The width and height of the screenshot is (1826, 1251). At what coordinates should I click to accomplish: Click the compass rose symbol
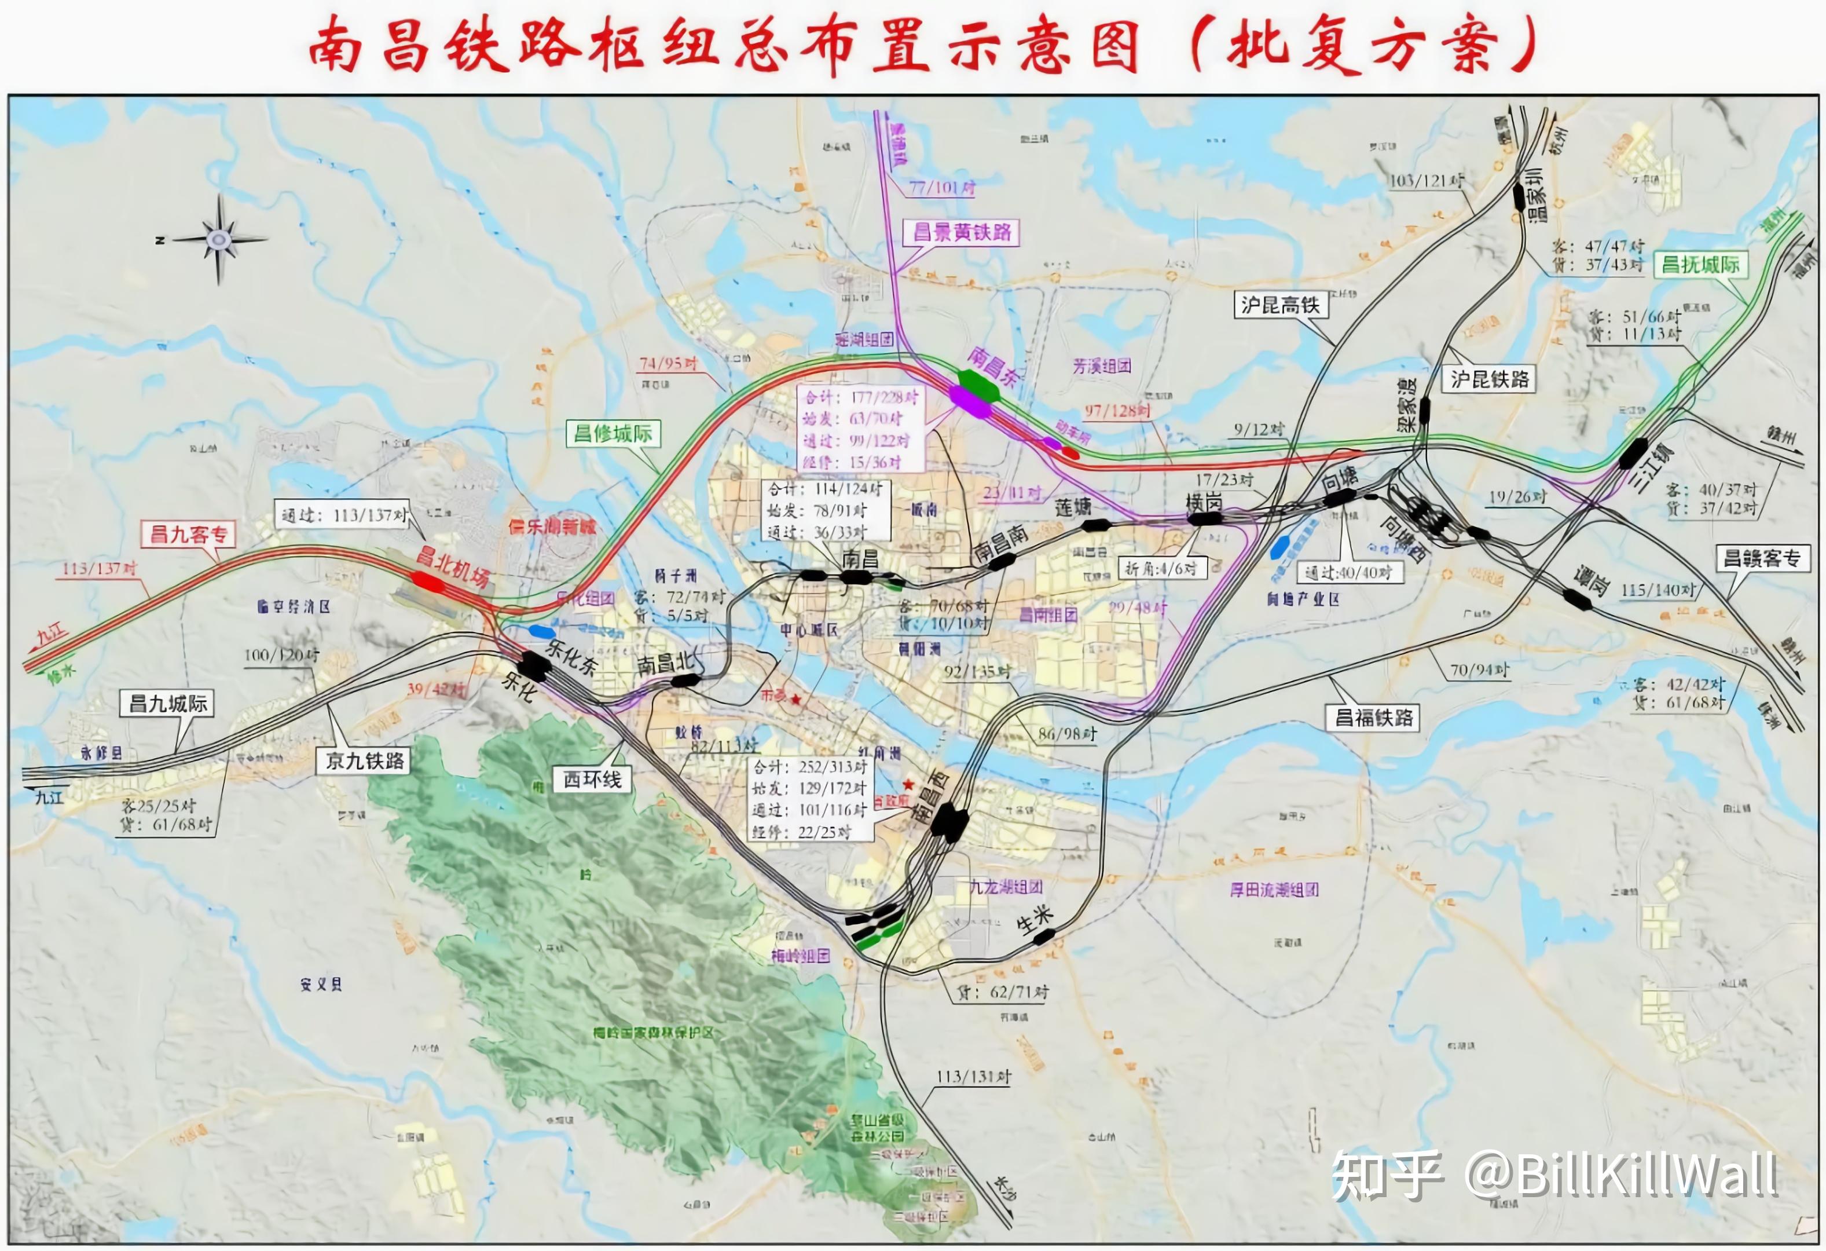[x=218, y=238]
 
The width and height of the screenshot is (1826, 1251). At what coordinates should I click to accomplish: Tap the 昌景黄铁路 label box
[x=961, y=233]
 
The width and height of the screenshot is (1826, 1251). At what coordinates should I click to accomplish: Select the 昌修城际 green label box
[x=613, y=433]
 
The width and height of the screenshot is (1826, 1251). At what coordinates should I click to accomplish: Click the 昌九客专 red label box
[x=189, y=535]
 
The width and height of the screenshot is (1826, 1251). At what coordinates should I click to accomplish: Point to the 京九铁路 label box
[x=365, y=760]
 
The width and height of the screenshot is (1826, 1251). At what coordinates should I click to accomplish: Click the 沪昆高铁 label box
[x=1280, y=305]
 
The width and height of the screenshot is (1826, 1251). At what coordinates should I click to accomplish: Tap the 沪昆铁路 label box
[x=1489, y=379]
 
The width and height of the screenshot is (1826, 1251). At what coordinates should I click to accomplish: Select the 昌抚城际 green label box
[x=1700, y=265]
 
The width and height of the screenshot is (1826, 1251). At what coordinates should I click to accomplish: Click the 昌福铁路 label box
[x=1373, y=718]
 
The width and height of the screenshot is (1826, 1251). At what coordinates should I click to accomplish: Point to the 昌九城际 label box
[x=167, y=703]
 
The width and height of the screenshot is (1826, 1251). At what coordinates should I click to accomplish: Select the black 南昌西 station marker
[x=949, y=821]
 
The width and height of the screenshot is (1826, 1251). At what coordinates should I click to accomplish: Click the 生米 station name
[x=1034, y=918]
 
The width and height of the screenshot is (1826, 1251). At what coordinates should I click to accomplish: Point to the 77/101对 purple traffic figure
[x=942, y=188]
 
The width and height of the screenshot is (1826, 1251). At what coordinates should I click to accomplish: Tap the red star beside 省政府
[x=908, y=784]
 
